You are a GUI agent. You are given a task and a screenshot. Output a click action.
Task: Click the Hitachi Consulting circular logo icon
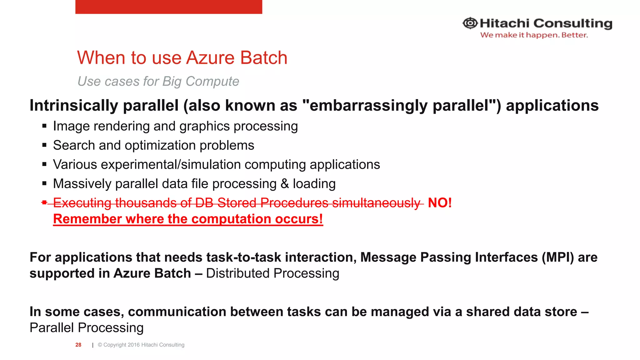point(470,23)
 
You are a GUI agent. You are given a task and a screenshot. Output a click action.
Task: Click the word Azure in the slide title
point(210,58)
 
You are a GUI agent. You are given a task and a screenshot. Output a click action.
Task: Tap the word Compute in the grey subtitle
point(212,82)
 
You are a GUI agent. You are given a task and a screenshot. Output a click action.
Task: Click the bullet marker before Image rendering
point(44,126)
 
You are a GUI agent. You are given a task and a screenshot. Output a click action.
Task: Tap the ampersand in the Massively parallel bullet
point(285,184)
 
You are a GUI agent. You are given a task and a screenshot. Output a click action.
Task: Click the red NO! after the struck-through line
point(439,203)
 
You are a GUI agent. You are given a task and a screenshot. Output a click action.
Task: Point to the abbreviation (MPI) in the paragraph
point(558,257)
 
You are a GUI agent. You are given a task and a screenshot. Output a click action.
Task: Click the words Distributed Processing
point(272,273)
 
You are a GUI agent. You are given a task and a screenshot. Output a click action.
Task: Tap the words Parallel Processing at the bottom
point(87,328)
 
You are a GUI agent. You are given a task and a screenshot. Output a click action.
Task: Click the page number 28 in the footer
point(78,345)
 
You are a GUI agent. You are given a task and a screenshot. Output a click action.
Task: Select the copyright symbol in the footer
point(100,345)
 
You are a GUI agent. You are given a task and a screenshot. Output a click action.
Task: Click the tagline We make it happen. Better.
point(534,35)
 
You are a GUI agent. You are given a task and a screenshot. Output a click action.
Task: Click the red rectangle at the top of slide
point(168,7)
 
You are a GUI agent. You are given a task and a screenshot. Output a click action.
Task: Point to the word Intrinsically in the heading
point(73,106)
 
